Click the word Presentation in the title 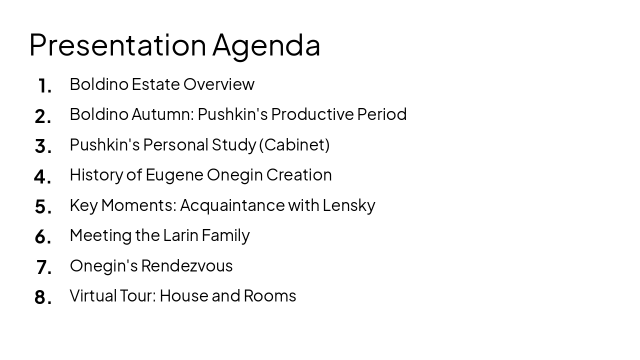(x=117, y=45)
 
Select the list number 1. (x=44, y=86)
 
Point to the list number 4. (x=42, y=176)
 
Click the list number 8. (x=43, y=297)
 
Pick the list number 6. (x=43, y=237)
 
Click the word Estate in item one (x=155, y=84)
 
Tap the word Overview (x=218, y=84)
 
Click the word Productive (x=312, y=114)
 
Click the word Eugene (x=174, y=175)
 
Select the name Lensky (x=348, y=205)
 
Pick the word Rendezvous (x=186, y=265)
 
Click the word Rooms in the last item (x=269, y=295)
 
